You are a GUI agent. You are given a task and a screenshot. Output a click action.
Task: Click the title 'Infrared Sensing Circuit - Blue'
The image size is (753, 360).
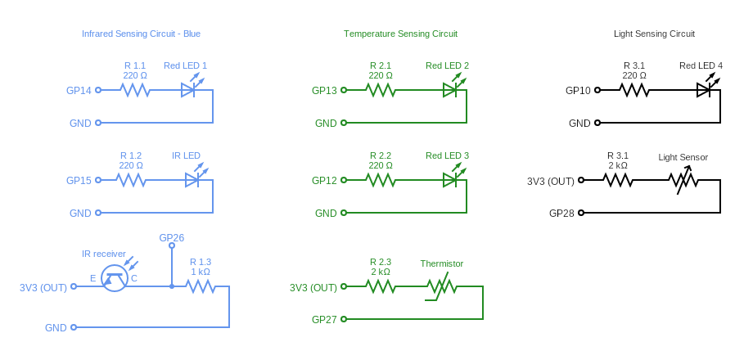141,34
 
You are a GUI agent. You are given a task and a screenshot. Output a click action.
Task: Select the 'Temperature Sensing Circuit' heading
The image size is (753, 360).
400,34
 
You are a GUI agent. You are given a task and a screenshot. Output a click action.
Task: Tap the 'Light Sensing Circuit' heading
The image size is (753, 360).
654,34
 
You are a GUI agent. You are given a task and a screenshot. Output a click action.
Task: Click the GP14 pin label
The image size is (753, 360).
79,90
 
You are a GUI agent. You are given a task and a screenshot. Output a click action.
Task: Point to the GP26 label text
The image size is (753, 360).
171,237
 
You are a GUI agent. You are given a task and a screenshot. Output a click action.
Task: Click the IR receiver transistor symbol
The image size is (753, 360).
115,278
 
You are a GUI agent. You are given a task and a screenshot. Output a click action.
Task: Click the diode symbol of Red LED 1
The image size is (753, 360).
188,90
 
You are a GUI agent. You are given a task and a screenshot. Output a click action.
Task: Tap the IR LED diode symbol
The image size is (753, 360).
192,180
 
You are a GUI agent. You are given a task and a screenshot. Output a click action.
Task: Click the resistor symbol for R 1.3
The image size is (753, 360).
200,286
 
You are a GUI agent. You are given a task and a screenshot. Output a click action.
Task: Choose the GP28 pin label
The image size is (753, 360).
561,213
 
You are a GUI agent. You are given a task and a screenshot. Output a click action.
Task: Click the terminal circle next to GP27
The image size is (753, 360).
344,319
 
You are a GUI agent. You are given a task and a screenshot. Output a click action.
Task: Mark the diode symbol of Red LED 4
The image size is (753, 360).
704,90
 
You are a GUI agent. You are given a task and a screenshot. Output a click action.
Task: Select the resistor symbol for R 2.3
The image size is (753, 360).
380,286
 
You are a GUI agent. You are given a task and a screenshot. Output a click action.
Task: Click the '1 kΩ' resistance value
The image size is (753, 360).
201,272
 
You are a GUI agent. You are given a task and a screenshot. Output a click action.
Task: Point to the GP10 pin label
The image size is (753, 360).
578,90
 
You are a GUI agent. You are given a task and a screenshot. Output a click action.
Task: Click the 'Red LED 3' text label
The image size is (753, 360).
447,155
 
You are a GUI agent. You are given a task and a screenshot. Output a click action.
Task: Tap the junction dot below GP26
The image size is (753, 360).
172,286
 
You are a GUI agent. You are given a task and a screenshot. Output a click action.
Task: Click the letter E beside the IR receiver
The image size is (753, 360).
92,279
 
